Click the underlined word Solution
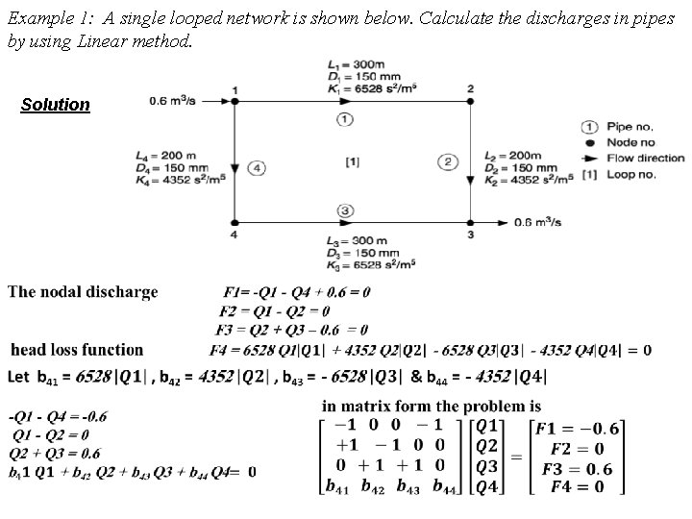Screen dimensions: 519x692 [x=56, y=105]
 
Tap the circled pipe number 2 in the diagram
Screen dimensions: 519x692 [x=449, y=161]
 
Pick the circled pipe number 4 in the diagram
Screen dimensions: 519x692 [x=257, y=168]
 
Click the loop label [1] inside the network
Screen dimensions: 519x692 [x=352, y=162]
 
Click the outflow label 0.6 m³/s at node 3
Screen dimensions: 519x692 [x=537, y=222]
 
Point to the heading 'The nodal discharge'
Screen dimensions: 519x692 [x=83, y=291]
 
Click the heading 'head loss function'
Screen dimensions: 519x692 [x=77, y=350]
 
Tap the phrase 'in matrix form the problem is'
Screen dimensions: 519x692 [x=432, y=407]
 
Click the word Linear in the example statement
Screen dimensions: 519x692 [x=87, y=43]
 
